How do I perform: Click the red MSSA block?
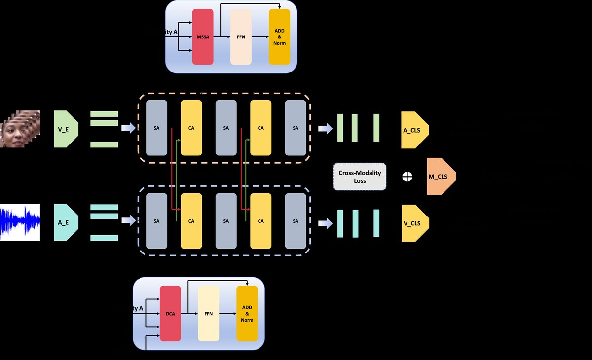point(202,36)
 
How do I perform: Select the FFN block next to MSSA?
point(241,36)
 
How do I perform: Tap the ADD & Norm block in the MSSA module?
point(279,36)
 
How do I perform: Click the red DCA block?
point(170,313)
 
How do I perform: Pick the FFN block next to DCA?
point(208,313)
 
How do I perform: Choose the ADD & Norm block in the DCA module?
point(247,313)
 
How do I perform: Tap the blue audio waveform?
point(20,222)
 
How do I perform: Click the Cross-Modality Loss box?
point(360,177)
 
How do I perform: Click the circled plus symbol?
point(407,177)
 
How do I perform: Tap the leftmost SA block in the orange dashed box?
point(157,128)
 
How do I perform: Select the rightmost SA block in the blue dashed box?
point(296,221)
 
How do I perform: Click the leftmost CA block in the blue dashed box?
point(191,221)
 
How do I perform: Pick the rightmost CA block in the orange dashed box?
point(260,128)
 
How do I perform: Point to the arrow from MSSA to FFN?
point(222,36)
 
